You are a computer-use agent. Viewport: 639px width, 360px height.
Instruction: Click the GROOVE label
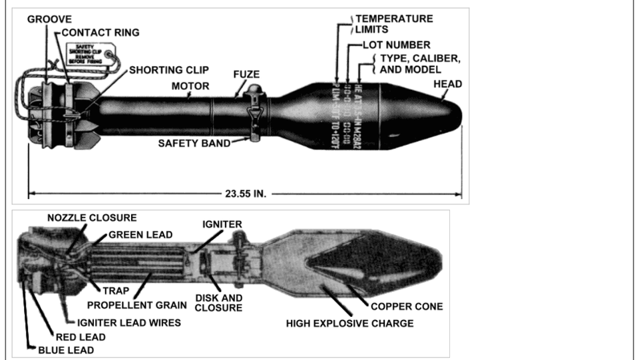[x=50, y=19]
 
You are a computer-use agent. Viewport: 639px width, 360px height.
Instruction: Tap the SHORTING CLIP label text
[x=169, y=70]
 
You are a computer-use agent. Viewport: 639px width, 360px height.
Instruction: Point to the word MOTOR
[x=190, y=86]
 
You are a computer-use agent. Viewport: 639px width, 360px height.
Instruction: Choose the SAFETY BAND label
[x=194, y=143]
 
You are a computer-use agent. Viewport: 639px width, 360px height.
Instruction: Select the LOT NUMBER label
[x=396, y=45]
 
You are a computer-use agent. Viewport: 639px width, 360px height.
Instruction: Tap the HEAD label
[x=447, y=84]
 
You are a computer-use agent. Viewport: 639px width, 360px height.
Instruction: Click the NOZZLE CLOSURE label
[x=92, y=218]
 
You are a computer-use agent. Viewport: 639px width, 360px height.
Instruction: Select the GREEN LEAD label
[x=140, y=234]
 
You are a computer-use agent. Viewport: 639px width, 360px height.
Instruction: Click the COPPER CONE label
[x=407, y=306]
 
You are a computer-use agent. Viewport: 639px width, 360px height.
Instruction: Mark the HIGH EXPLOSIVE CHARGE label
[x=349, y=323]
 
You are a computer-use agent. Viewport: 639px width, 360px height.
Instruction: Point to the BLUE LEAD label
[x=66, y=350]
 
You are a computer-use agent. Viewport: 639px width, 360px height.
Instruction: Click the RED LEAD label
[x=83, y=336]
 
